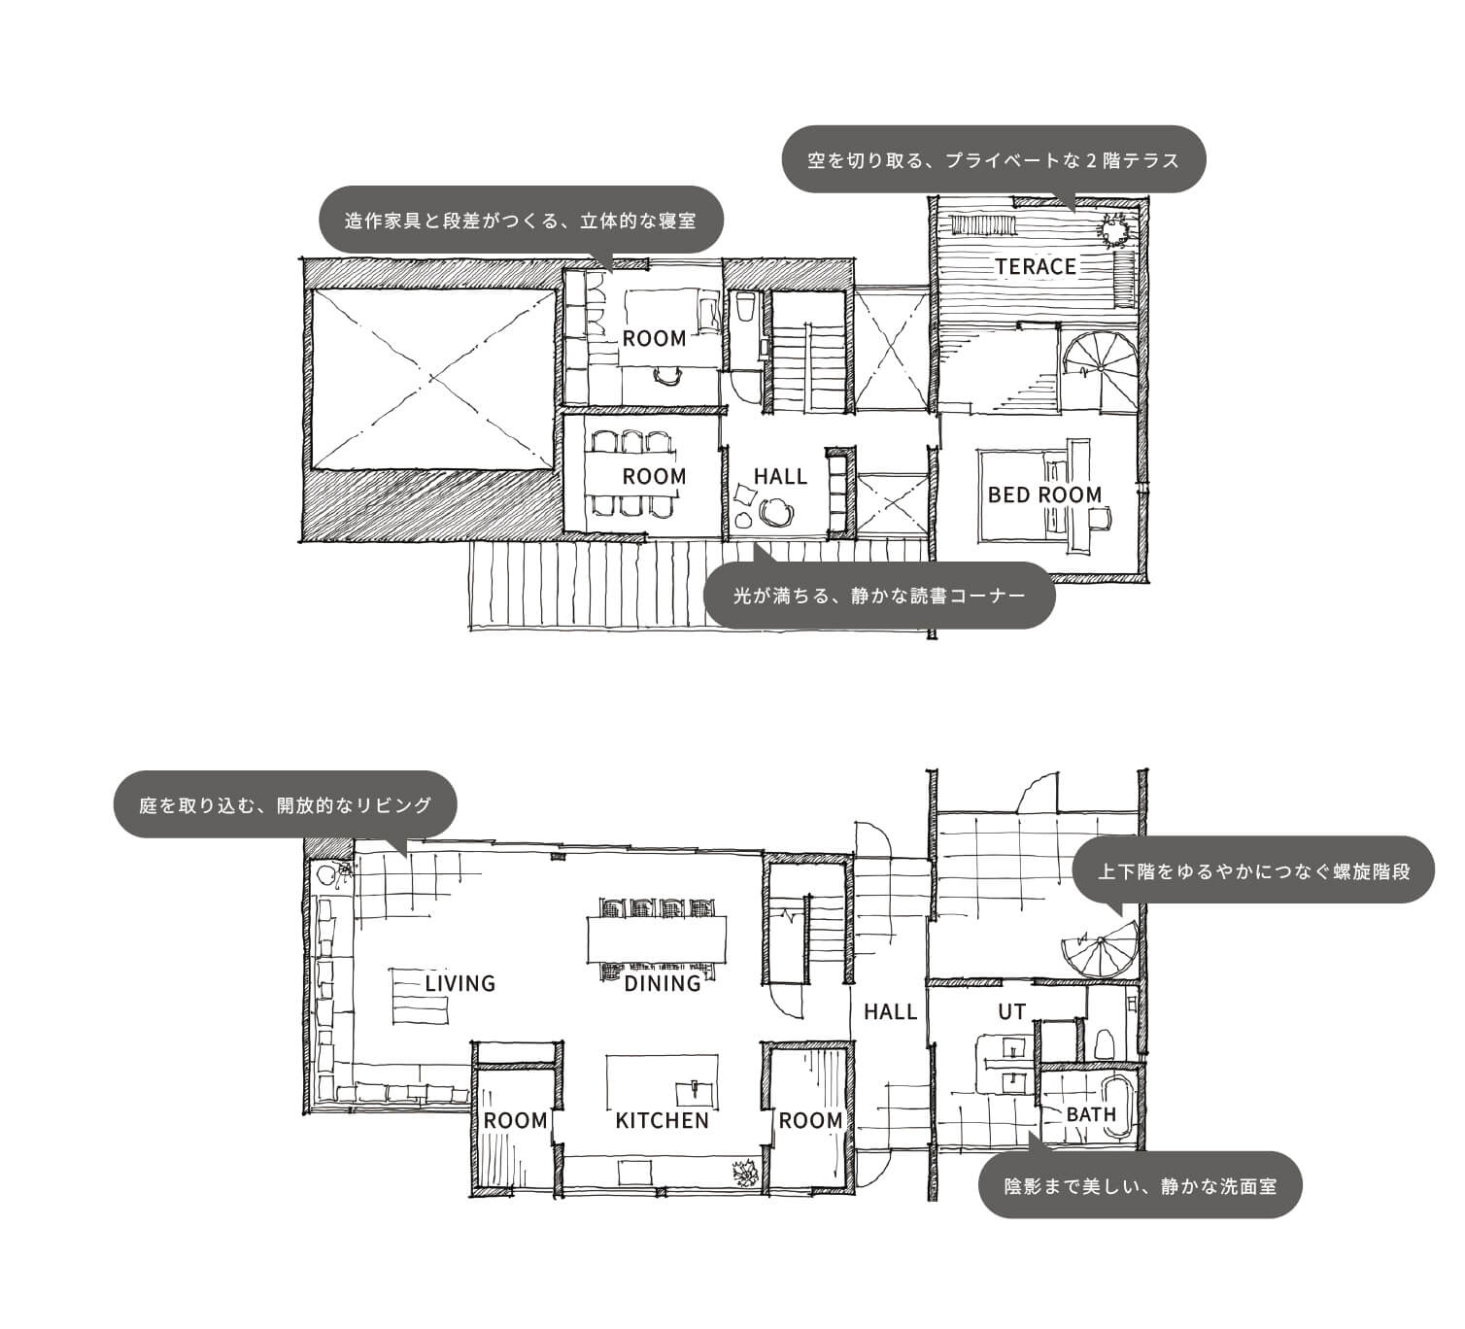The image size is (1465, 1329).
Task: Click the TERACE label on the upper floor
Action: (x=1036, y=267)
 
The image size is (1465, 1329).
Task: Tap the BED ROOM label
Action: (x=1044, y=494)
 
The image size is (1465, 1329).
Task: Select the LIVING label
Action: (x=460, y=983)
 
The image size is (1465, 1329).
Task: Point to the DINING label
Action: (x=663, y=983)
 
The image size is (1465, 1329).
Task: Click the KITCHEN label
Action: (x=662, y=1121)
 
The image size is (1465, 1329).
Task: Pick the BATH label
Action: (x=1091, y=1115)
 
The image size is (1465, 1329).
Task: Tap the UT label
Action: (x=1011, y=1012)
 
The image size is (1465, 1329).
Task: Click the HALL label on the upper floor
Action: (x=780, y=476)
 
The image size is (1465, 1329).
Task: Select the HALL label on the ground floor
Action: (x=890, y=1012)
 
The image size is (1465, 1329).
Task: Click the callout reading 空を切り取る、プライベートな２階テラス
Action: (x=993, y=159)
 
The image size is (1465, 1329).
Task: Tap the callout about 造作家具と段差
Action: (x=522, y=220)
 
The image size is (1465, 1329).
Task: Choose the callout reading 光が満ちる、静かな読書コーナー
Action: (x=879, y=596)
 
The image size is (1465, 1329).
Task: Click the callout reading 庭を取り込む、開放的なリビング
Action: (x=285, y=804)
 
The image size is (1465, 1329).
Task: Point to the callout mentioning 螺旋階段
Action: (x=1253, y=870)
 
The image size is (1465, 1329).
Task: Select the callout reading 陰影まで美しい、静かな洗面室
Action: (x=1140, y=1185)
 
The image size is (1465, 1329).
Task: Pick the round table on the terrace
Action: (x=1115, y=232)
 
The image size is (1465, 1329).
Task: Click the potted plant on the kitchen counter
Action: (x=747, y=1173)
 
